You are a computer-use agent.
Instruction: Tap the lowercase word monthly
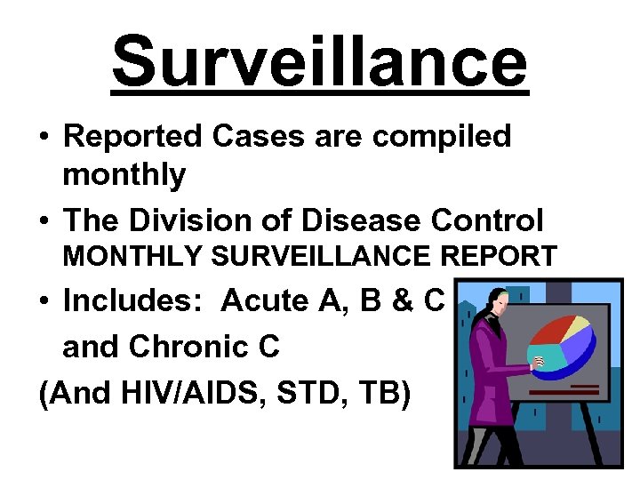[124, 175]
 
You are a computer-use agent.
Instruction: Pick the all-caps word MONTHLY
[132, 256]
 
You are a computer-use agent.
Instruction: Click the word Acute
[263, 301]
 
